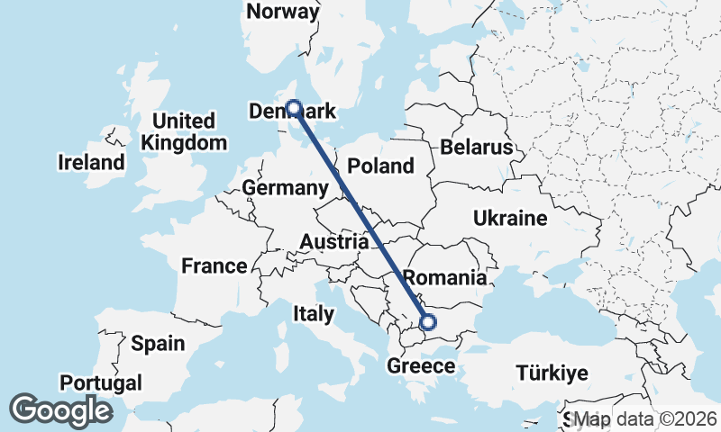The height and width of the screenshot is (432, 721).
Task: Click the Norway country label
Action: pos(283,12)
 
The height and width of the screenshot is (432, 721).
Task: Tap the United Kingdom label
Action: pos(184,131)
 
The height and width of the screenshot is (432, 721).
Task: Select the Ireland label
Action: pos(90,163)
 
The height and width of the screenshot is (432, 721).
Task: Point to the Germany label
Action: pos(284,188)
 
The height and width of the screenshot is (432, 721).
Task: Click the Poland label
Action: pos(381,166)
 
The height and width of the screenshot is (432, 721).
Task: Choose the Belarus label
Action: pos(477,147)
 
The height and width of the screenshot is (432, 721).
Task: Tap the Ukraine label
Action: pos(510,218)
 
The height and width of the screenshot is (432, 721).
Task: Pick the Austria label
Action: pos(333,241)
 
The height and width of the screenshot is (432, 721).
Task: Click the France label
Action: pos(214,265)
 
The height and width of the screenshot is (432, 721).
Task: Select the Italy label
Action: pos(313,314)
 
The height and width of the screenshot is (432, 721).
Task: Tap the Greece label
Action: pos(421,366)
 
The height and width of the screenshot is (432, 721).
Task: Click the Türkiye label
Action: pos(551,373)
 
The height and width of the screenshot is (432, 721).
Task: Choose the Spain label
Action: pos(158,343)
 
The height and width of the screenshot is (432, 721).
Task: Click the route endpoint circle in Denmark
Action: pos(293,108)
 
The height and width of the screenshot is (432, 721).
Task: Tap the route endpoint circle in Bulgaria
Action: pos(428,321)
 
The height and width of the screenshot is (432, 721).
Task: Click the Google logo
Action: pos(60,410)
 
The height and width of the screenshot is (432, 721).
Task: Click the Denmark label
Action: pos(291,112)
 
